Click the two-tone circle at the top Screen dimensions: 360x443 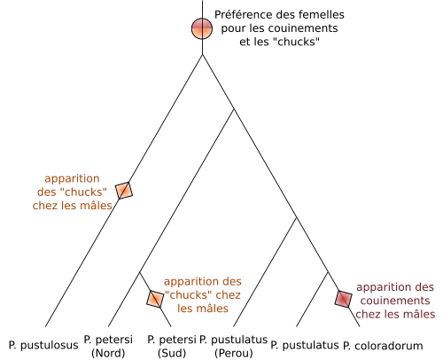[202, 28]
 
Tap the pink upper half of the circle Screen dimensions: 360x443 [202, 22]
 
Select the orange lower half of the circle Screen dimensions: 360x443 [202, 35]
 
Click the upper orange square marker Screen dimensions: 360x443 [124, 190]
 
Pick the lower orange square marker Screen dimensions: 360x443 [155, 299]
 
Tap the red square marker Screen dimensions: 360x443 [343, 299]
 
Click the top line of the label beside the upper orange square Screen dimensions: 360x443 [71, 177]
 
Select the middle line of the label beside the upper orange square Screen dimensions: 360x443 [71, 192]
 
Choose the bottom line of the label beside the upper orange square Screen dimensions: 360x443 [71, 206]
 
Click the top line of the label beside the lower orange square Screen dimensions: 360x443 [204, 284]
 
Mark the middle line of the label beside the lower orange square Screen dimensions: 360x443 [204, 297]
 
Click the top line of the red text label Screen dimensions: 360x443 [396, 287]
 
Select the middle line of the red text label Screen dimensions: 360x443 [396, 300]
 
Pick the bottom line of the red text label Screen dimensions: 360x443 [396, 312]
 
